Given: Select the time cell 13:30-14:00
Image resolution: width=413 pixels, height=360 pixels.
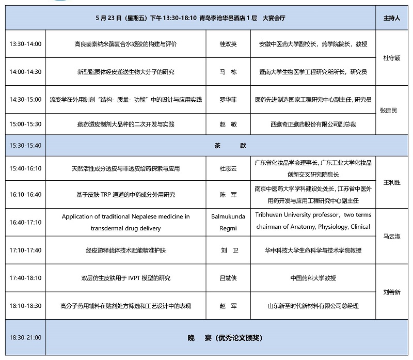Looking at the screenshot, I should click(25, 44).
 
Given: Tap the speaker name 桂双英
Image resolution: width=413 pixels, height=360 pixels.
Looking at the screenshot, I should click(228, 44).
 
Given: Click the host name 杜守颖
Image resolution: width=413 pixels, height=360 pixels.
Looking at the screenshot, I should click(392, 58).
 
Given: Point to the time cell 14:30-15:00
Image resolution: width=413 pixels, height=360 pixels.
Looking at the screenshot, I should click(25, 99).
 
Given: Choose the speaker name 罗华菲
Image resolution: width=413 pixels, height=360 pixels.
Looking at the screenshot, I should click(228, 99).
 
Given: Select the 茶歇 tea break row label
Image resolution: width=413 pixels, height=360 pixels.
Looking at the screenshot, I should click(228, 146).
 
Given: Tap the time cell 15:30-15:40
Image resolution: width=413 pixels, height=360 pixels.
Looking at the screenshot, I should click(25, 146).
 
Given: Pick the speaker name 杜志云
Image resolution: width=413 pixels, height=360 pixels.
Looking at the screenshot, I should click(228, 168).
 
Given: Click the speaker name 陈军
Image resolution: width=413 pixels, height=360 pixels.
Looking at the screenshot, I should click(228, 195).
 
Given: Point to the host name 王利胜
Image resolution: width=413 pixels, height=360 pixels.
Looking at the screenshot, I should click(392, 182).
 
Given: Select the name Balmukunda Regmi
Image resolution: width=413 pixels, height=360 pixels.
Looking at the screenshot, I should click(228, 222).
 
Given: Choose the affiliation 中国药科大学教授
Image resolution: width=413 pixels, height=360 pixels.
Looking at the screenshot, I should click(313, 278).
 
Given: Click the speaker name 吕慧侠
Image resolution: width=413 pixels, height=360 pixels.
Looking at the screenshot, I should click(228, 278).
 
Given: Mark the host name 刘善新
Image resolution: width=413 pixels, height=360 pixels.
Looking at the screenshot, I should click(392, 292).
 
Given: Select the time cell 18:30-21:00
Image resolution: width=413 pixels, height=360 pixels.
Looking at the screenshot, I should click(25, 338).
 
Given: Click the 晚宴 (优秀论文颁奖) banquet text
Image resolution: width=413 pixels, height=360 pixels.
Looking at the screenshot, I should click(225, 338).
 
